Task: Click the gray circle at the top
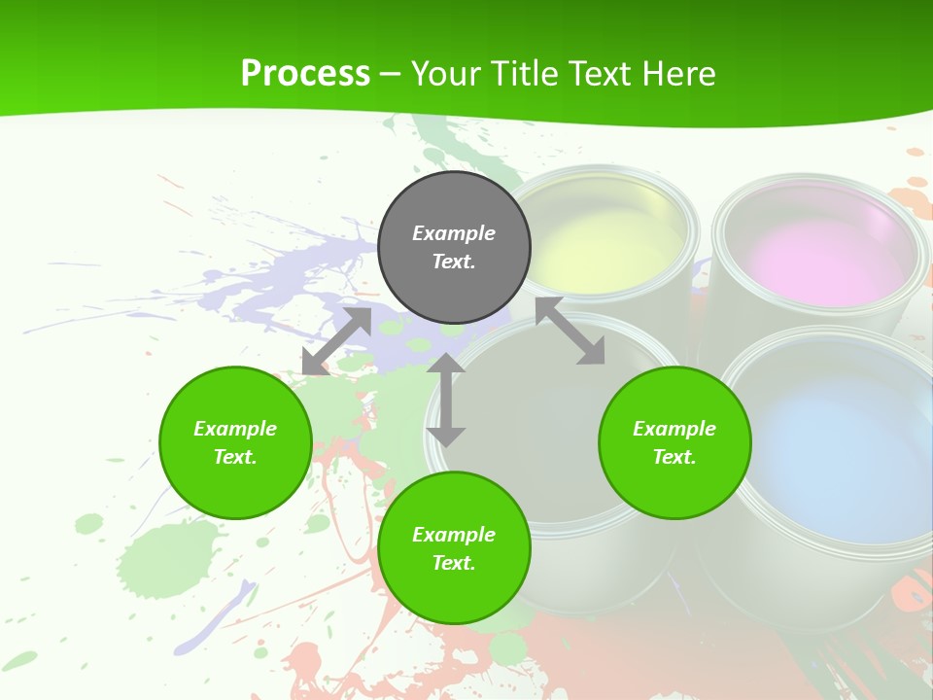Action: tap(454, 248)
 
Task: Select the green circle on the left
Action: tap(235, 442)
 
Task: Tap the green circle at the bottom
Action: tap(454, 548)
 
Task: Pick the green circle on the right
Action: tap(674, 442)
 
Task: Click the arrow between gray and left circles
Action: tap(337, 341)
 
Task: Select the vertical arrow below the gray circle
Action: tap(446, 400)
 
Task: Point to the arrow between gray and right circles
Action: tap(570, 332)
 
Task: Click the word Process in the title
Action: tap(305, 74)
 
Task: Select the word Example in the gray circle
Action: tap(454, 233)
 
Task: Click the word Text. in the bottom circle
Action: tap(454, 563)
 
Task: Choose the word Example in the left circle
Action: tap(235, 429)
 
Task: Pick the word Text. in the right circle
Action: tap(674, 457)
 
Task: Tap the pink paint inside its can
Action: tap(816, 258)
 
